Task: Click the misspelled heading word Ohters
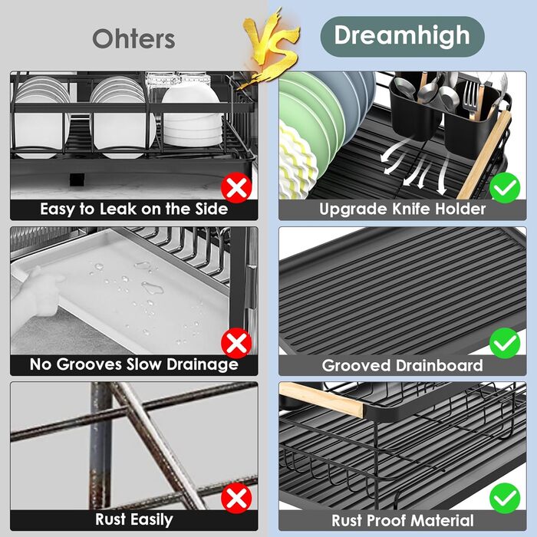(134, 38)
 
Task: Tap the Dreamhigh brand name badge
(402, 36)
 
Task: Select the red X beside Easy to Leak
(236, 188)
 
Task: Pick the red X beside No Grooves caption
(236, 343)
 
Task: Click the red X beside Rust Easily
(236, 499)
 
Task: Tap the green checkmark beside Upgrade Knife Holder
(505, 188)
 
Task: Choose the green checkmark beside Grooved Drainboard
(505, 343)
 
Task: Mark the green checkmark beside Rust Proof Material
(505, 499)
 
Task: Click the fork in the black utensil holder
(471, 96)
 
